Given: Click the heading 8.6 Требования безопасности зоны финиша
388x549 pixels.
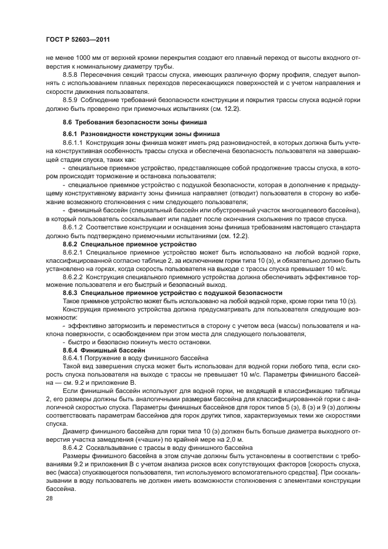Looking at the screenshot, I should click(x=134, y=122).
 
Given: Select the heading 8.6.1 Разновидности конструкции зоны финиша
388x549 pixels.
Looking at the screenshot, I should click(x=141, y=134).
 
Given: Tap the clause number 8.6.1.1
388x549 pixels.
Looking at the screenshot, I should click(x=74, y=143).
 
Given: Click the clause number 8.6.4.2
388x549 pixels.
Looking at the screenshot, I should click(x=74, y=447).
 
